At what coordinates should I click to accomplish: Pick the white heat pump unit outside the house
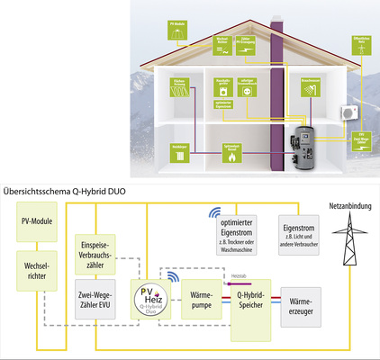click(346, 113)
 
